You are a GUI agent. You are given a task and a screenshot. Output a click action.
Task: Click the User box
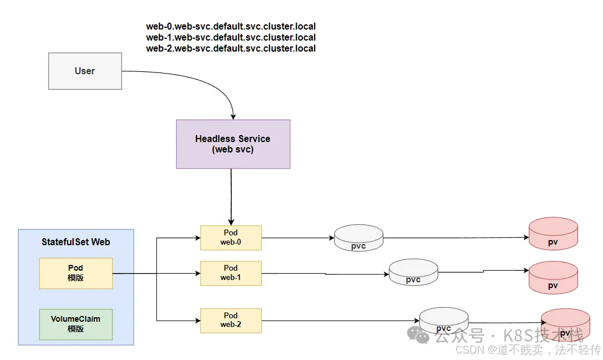click(x=85, y=71)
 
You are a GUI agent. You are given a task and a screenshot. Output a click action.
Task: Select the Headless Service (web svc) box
click(x=233, y=144)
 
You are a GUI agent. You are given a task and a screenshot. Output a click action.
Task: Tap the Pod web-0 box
click(x=231, y=238)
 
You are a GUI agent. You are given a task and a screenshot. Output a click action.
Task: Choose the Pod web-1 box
click(x=231, y=273)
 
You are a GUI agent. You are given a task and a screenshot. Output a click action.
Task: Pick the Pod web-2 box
click(x=231, y=321)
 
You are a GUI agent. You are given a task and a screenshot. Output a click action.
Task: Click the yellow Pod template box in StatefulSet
click(x=76, y=273)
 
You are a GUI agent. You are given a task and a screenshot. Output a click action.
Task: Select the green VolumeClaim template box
click(x=76, y=324)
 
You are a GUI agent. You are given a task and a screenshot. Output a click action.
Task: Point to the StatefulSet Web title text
click(x=76, y=242)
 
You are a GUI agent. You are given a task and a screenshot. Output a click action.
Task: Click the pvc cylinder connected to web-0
click(x=359, y=239)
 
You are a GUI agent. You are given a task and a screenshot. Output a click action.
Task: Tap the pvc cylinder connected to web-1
click(x=413, y=272)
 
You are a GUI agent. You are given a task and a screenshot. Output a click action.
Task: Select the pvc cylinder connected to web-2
click(x=444, y=321)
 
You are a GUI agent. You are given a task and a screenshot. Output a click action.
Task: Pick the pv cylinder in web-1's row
click(x=553, y=278)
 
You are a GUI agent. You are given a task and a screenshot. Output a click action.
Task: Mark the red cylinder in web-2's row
click(x=565, y=325)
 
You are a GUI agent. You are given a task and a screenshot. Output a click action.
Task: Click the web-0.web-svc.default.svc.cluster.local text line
click(x=231, y=27)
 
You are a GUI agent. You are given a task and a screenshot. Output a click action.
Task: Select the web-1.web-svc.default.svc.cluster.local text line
click(x=231, y=38)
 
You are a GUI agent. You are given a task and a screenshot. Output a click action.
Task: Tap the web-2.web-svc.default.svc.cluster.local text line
click(x=231, y=49)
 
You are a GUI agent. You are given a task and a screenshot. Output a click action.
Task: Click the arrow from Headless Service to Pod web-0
click(x=231, y=197)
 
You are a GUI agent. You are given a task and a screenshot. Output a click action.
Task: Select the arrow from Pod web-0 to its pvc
click(x=298, y=238)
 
